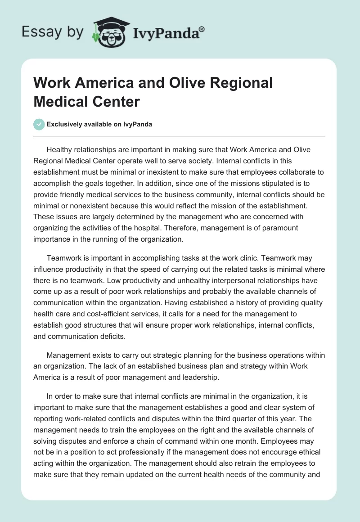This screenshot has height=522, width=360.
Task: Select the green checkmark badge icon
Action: (x=39, y=124)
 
